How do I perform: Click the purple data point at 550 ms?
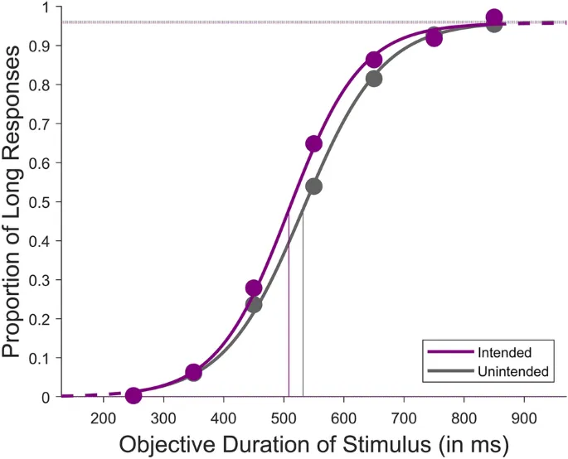[x=313, y=144]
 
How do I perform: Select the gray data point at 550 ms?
[x=313, y=186]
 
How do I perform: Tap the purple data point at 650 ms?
[x=373, y=60]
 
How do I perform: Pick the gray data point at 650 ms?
[x=373, y=79]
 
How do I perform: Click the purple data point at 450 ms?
[x=254, y=288]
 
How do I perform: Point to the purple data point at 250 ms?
[x=134, y=395]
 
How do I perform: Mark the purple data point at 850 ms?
[x=494, y=17]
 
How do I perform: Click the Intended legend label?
[x=504, y=352]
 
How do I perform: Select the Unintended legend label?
[x=512, y=372]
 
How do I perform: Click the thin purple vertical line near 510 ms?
[x=289, y=315]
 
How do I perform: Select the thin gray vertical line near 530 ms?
[x=303, y=315]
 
